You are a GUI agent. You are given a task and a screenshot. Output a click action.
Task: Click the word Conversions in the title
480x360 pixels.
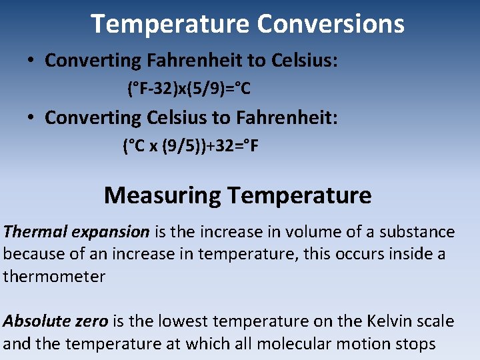tap(331, 24)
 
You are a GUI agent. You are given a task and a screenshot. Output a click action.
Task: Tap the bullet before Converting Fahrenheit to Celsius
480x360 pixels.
tap(31, 61)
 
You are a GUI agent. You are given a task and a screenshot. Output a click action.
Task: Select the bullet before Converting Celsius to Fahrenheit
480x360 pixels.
tap(31, 118)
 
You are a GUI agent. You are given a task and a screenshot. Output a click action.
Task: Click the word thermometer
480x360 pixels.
tap(54, 277)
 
